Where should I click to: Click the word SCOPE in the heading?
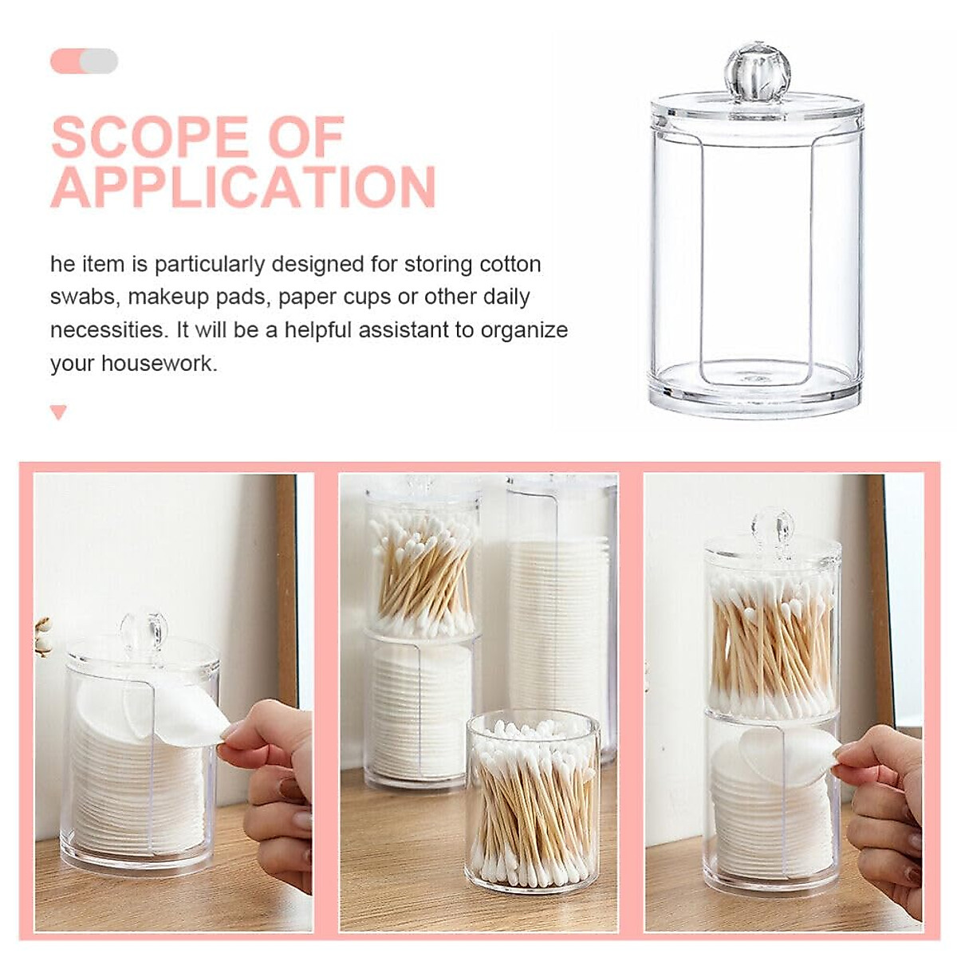click(x=149, y=137)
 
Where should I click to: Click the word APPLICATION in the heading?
click(x=243, y=187)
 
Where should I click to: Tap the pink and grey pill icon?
click(x=84, y=61)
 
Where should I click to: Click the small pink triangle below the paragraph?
click(x=58, y=412)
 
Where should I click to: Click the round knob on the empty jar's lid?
click(x=756, y=71)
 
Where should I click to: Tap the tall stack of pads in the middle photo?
click(x=558, y=622)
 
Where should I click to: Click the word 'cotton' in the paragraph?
click(x=510, y=264)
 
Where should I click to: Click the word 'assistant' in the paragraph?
click(x=404, y=330)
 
